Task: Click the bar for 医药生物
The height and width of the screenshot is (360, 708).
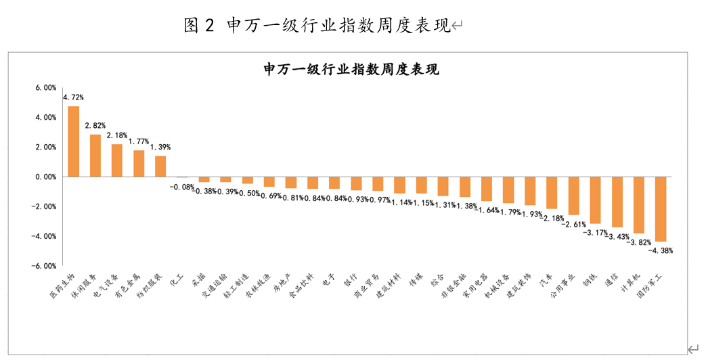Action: tap(74, 141)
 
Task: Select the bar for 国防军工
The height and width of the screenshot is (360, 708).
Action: tap(660, 209)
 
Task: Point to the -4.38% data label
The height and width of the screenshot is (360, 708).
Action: tap(661, 250)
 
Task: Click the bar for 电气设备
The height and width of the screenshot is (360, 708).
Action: tap(117, 160)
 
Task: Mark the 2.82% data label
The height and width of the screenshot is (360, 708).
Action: tap(95, 126)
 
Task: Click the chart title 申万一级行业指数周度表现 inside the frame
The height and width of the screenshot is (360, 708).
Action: tap(351, 69)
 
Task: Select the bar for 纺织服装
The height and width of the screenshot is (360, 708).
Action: tap(160, 166)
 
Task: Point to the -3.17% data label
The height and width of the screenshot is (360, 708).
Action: tap(596, 232)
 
